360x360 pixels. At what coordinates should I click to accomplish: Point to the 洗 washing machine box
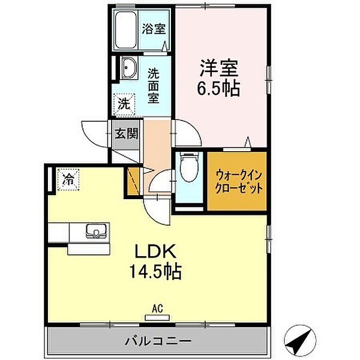[124, 103]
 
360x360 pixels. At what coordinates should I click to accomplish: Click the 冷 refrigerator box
[69, 178]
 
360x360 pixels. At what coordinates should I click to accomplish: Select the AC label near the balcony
[157, 308]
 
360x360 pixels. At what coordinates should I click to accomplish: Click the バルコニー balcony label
[158, 341]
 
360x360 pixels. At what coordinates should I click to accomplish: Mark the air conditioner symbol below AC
[157, 317]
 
